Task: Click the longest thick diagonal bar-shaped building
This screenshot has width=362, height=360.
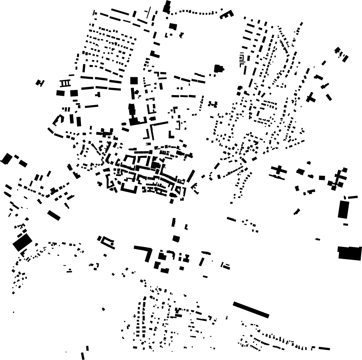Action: (251, 310)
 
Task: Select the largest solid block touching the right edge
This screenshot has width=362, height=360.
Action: (350, 253)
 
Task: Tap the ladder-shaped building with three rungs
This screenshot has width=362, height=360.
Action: (65, 83)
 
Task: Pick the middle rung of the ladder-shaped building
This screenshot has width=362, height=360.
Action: (65, 83)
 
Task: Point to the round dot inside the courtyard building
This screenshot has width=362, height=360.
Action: (112, 244)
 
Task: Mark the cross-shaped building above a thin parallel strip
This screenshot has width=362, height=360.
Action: (279, 170)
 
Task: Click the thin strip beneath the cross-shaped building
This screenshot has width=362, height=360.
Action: (278, 177)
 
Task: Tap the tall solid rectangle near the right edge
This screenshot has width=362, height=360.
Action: (343, 209)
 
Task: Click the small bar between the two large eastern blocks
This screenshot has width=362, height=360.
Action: (345, 224)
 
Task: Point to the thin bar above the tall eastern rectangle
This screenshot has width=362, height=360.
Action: (352, 198)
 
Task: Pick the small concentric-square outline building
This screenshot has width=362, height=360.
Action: (242, 59)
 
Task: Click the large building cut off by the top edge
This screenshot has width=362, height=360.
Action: (167, 7)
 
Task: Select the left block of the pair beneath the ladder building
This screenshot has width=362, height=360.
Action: (60, 93)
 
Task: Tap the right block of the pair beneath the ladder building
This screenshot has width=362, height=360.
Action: (74, 93)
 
